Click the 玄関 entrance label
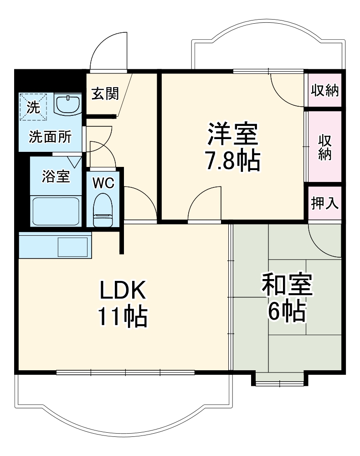click(105, 93)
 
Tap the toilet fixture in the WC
click(103, 210)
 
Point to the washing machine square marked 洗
click(33, 107)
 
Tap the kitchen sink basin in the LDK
click(73, 247)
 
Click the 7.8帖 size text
click(233, 161)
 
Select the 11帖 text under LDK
click(123, 317)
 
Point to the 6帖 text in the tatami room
click(287, 311)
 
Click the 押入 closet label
click(324, 203)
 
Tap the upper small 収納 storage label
click(324, 90)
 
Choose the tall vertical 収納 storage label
click(325, 147)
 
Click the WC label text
click(103, 183)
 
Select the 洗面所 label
click(50, 137)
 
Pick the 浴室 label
click(56, 176)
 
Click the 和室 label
click(287, 284)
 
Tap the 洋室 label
click(233, 134)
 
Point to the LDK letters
click(123, 290)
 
